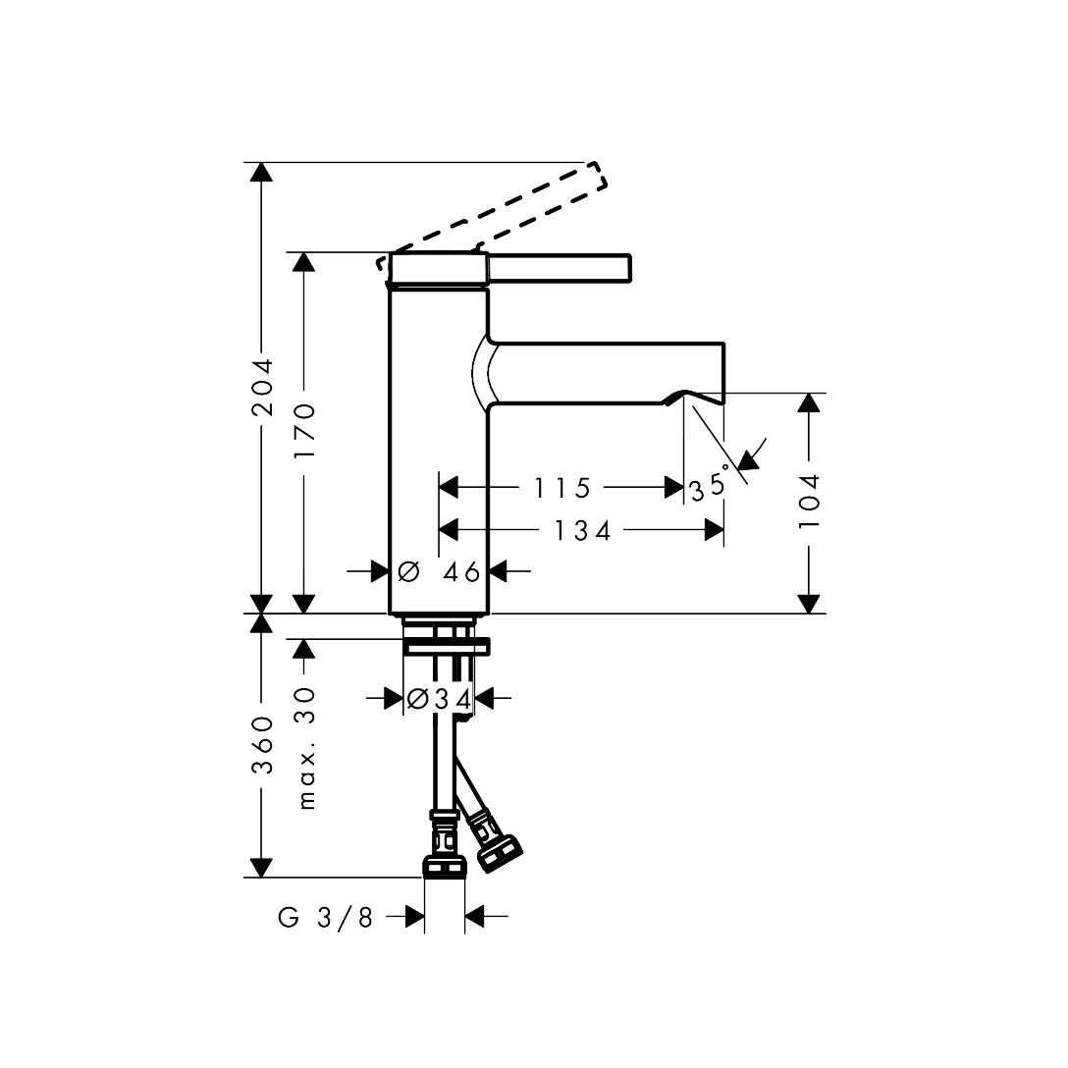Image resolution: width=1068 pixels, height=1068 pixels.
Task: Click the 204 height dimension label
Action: click(262, 387)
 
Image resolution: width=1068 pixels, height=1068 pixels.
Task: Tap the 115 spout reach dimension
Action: click(561, 488)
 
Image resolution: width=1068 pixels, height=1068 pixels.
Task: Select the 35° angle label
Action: click(710, 484)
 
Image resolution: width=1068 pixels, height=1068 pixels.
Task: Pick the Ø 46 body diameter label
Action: click(439, 570)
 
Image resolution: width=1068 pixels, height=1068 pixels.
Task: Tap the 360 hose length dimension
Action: click(262, 745)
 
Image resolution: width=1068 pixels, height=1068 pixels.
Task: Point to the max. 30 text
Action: click(306, 748)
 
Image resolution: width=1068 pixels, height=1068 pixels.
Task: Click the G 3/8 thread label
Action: click(326, 918)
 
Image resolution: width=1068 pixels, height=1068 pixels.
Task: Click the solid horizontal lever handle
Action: click(560, 269)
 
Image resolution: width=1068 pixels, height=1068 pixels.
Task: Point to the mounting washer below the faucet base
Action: click(447, 645)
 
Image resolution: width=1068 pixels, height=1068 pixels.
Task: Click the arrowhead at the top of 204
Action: click(260, 173)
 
